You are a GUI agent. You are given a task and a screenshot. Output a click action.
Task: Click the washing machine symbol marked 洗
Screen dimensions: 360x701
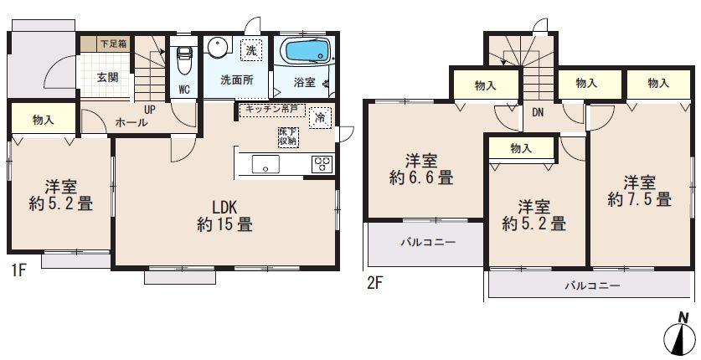click(250, 50)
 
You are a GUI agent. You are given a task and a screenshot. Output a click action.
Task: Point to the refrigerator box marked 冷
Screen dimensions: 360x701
click(320, 118)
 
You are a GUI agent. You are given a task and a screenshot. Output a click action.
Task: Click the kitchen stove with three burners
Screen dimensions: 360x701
click(322, 164)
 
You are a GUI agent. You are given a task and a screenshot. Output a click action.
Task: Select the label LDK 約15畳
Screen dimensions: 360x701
click(224, 217)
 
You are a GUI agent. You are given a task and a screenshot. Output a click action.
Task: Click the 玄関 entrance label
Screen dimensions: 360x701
click(106, 78)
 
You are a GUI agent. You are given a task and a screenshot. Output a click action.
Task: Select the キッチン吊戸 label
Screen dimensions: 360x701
click(270, 109)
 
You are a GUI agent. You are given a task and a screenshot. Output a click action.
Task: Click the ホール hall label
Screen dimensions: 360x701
click(131, 122)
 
